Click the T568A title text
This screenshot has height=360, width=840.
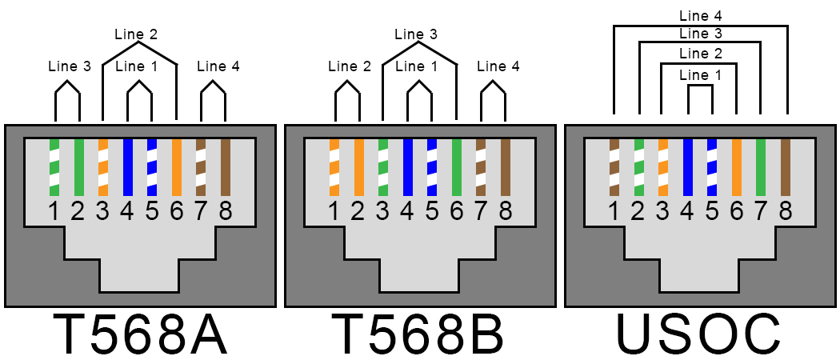coord(140,334)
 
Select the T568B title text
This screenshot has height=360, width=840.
coord(419,334)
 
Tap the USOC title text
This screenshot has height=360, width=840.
coord(698,334)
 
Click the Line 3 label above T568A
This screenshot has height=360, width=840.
coord(69,67)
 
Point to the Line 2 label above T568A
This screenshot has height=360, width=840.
coord(137,34)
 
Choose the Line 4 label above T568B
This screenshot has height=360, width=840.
coord(498,67)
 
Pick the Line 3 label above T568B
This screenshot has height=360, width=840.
coord(416,34)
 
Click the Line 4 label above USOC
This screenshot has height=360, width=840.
coord(700,15)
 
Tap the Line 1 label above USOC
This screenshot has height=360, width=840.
coord(700,74)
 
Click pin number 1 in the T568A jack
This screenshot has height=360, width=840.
coord(54,211)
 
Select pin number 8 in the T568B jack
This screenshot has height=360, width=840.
coord(505,211)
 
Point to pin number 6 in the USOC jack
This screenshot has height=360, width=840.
coord(736,211)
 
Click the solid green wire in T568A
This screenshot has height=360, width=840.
coord(78,167)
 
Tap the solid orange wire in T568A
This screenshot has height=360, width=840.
coord(177,167)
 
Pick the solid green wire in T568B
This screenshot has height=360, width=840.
coord(457,167)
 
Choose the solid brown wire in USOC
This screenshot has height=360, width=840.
coord(785,167)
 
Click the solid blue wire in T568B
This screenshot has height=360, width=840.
coord(407,167)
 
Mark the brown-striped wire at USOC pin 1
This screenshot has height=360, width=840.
coord(614,167)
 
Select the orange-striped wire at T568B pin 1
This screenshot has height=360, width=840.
coord(334,167)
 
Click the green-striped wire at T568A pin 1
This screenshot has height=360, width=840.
coord(54,167)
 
